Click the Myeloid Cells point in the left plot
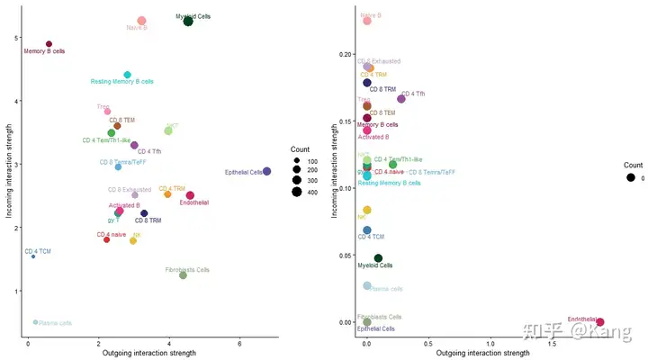[188, 21]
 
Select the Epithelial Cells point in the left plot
[266, 171]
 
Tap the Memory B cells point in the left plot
[49, 43]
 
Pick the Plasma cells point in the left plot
[35, 321]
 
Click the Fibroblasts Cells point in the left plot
[183, 275]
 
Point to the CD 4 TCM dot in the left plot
[33, 256]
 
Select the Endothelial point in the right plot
[600, 321]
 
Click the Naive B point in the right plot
[367, 21]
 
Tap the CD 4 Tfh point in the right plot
[401, 99]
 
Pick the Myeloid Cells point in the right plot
[378, 258]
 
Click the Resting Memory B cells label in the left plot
[122, 82]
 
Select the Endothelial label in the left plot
[194, 202]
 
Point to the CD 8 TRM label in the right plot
[385, 89]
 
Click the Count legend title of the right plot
[634, 165]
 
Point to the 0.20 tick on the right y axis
[346, 54]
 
